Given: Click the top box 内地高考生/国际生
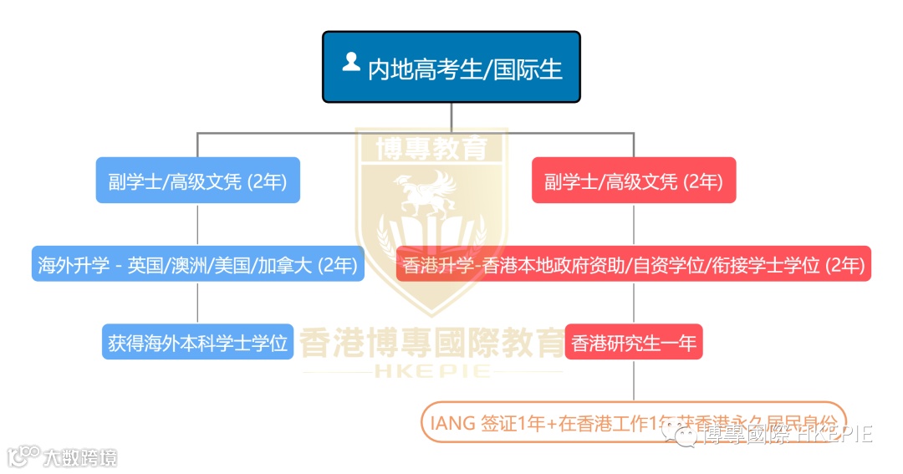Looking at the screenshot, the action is point(451,67).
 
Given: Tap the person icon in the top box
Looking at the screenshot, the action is point(351,62).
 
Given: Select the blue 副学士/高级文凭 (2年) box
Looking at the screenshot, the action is point(197,181).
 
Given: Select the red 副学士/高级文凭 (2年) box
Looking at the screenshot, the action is point(634,181).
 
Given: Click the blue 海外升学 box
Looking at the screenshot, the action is point(197,265).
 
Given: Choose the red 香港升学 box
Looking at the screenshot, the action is point(634,265).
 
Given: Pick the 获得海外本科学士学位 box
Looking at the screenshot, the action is point(197,342).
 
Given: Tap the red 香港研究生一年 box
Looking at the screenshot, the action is point(634,342).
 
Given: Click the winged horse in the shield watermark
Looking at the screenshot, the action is point(431,192).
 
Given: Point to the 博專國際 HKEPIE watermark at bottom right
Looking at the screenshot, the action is point(786,435).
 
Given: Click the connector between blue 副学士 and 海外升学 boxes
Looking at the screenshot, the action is point(197,224).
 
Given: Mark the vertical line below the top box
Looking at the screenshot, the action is point(451,117).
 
